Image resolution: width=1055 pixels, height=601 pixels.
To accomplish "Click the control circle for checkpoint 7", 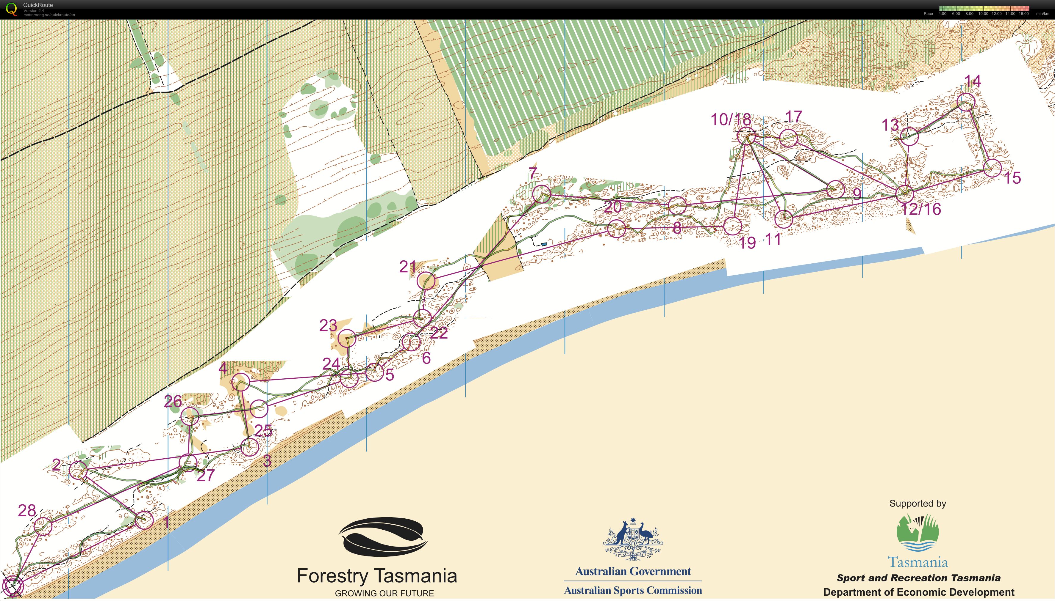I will tap(541, 194).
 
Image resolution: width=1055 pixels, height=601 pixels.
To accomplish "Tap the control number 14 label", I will tap(972, 81).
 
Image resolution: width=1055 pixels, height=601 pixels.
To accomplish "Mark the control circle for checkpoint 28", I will tap(43, 527).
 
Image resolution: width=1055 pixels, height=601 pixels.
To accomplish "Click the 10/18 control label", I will tap(731, 120).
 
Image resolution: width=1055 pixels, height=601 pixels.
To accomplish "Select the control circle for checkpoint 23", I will tap(347, 339).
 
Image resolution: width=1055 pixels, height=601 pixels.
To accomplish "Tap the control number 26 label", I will tap(173, 401).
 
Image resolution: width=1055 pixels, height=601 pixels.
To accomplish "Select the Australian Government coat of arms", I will tap(633, 538).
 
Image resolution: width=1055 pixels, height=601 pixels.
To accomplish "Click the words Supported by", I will tap(918, 503).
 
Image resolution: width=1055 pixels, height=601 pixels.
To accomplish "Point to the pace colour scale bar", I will tap(984, 8).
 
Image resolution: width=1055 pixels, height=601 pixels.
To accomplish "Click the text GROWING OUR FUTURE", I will tap(384, 593).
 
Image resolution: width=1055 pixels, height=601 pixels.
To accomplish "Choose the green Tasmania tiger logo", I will tap(918, 532).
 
